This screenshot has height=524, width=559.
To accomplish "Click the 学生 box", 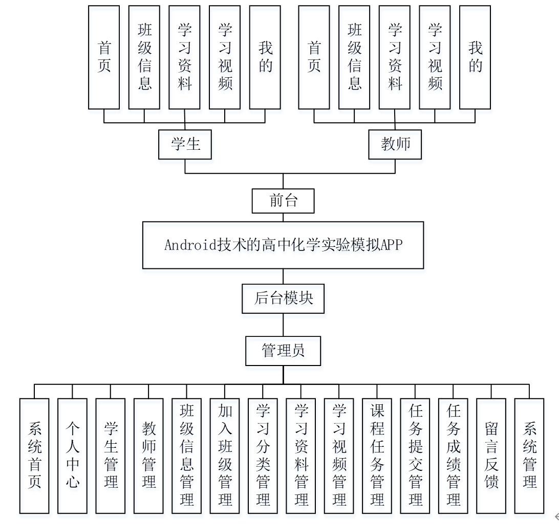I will [x=185, y=144].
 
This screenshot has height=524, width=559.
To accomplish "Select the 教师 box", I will [x=395, y=144].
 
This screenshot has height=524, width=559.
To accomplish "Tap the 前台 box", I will [x=283, y=201].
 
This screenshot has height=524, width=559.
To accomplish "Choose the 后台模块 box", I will [x=283, y=299].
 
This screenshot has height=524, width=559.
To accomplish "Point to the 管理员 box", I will [x=283, y=351].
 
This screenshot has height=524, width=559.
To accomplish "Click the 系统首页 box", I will [x=34, y=455].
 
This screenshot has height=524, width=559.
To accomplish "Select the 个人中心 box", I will [x=72, y=455].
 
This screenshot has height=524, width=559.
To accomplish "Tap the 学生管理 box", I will [x=111, y=455].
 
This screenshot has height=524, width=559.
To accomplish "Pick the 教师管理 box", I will [x=148, y=455].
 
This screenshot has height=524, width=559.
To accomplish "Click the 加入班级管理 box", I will [x=225, y=455].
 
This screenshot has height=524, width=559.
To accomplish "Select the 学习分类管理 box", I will [x=263, y=455].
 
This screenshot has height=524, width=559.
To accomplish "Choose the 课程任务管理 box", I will [x=377, y=455].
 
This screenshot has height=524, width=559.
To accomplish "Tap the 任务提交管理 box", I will [x=415, y=455].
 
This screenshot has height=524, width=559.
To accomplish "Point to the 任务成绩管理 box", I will [x=454, y=455].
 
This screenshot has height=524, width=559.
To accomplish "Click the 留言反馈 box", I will [x=491, y=455].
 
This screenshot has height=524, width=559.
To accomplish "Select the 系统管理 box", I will [x=529, y=455].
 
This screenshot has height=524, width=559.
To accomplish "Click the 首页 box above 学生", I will [x=104, y=57].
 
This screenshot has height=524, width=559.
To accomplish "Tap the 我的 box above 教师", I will [x=475, y=57].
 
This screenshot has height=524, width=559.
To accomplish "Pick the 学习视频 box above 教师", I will [x=435, y=57].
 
